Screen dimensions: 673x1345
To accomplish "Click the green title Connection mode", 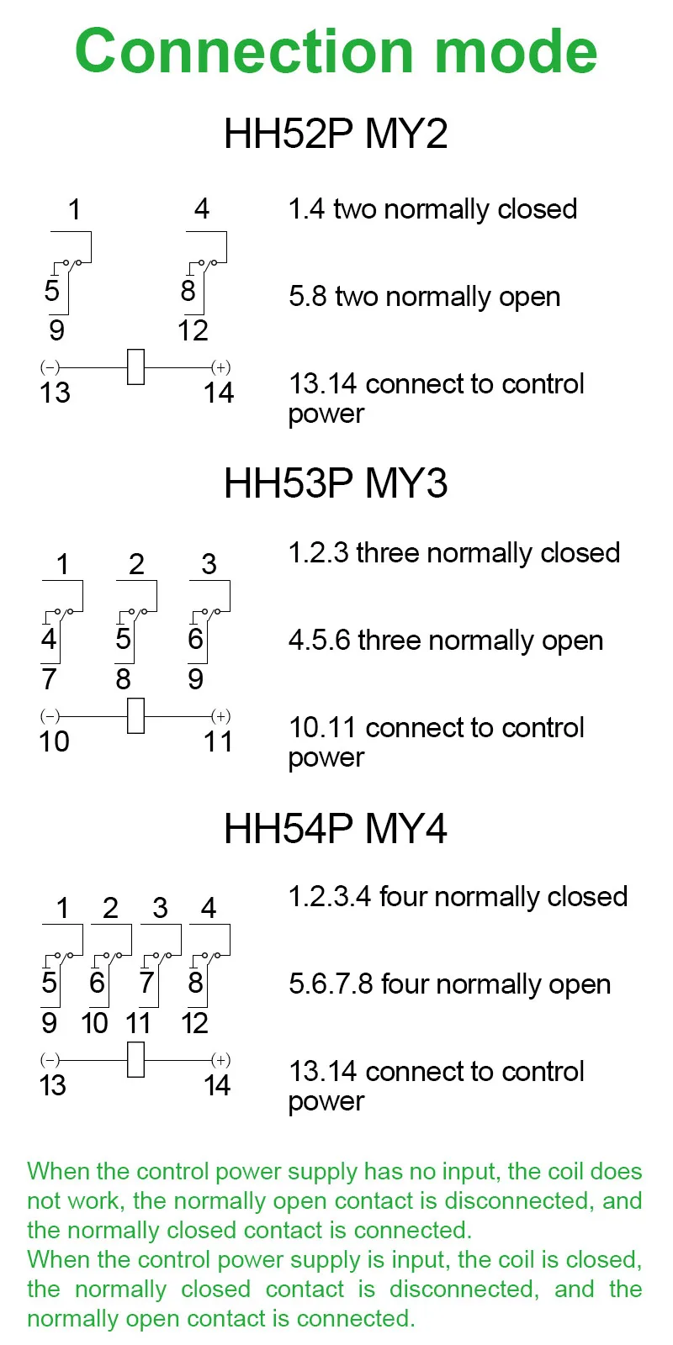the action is pyautogui.click(x=336, y=52).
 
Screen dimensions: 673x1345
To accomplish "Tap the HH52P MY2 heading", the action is pyautogui.click(x=336, y=134).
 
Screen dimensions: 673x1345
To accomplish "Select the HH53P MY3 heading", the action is pyautogui.click(x=336, y=483).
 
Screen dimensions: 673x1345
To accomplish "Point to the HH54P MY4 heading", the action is pyautogui.click(x=336, y=829).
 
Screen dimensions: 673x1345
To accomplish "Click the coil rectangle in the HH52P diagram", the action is pyautogui.click(x=135, y=367).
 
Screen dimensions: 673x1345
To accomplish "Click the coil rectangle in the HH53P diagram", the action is pyautogui.click(x=135, y=716).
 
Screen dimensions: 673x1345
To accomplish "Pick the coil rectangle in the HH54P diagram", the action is pyautogui.click(x=135, y=1060).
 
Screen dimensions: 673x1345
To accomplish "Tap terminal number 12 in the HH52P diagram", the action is pyautogui.click(x=193, y=330).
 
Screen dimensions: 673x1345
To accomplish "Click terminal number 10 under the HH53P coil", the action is pyautogui.click(x=55, y=741).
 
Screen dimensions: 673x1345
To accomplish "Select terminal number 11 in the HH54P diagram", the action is pyautogui.click(x=138, y=1023).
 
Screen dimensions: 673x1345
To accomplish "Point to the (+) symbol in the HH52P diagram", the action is pyautogui.click(x=220, y=367).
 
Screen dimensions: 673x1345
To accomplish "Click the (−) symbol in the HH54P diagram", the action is pyautogui.click(x=50, y=1060).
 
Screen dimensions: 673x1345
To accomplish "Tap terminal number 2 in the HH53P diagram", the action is pyautogui.click(x=136, y=564).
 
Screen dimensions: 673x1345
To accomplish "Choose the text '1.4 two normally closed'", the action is pyautogui.click(x=432, y=209).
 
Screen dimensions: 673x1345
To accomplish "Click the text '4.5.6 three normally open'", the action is pyautogui.click(x=446, y=641).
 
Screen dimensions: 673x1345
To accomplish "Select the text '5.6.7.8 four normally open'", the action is pyautogui.click(x=449, y=984).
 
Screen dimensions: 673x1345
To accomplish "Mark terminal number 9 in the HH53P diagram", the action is pyautogui.click(x=195, y=678).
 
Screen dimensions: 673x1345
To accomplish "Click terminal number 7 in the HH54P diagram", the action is pyautogui.click(x=146, y=982).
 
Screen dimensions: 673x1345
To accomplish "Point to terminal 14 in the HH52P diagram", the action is pyautogui.click(x=219, y=393).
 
